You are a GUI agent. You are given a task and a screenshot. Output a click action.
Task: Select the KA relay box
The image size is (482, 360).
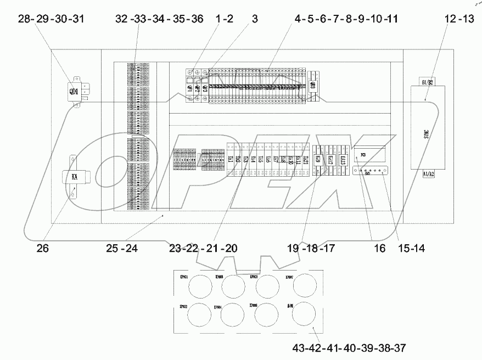click(x=74, y=177)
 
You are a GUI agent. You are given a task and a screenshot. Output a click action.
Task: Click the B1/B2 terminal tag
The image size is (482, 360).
click(x=428, y=82)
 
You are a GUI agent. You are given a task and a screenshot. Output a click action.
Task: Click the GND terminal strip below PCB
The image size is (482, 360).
click(x=371, y=171)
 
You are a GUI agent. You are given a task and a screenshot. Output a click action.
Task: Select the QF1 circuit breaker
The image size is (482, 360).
click(x=190, y=87)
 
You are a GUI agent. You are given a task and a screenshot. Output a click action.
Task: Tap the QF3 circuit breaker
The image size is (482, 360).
click(x=205, y=87)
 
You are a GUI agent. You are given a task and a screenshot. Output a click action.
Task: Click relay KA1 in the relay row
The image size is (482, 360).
click(x=231, y=160)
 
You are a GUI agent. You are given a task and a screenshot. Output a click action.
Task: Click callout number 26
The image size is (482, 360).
click(x=42, y=248)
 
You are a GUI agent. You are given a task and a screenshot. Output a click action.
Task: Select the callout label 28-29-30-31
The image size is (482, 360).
click(x=51, y=19)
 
